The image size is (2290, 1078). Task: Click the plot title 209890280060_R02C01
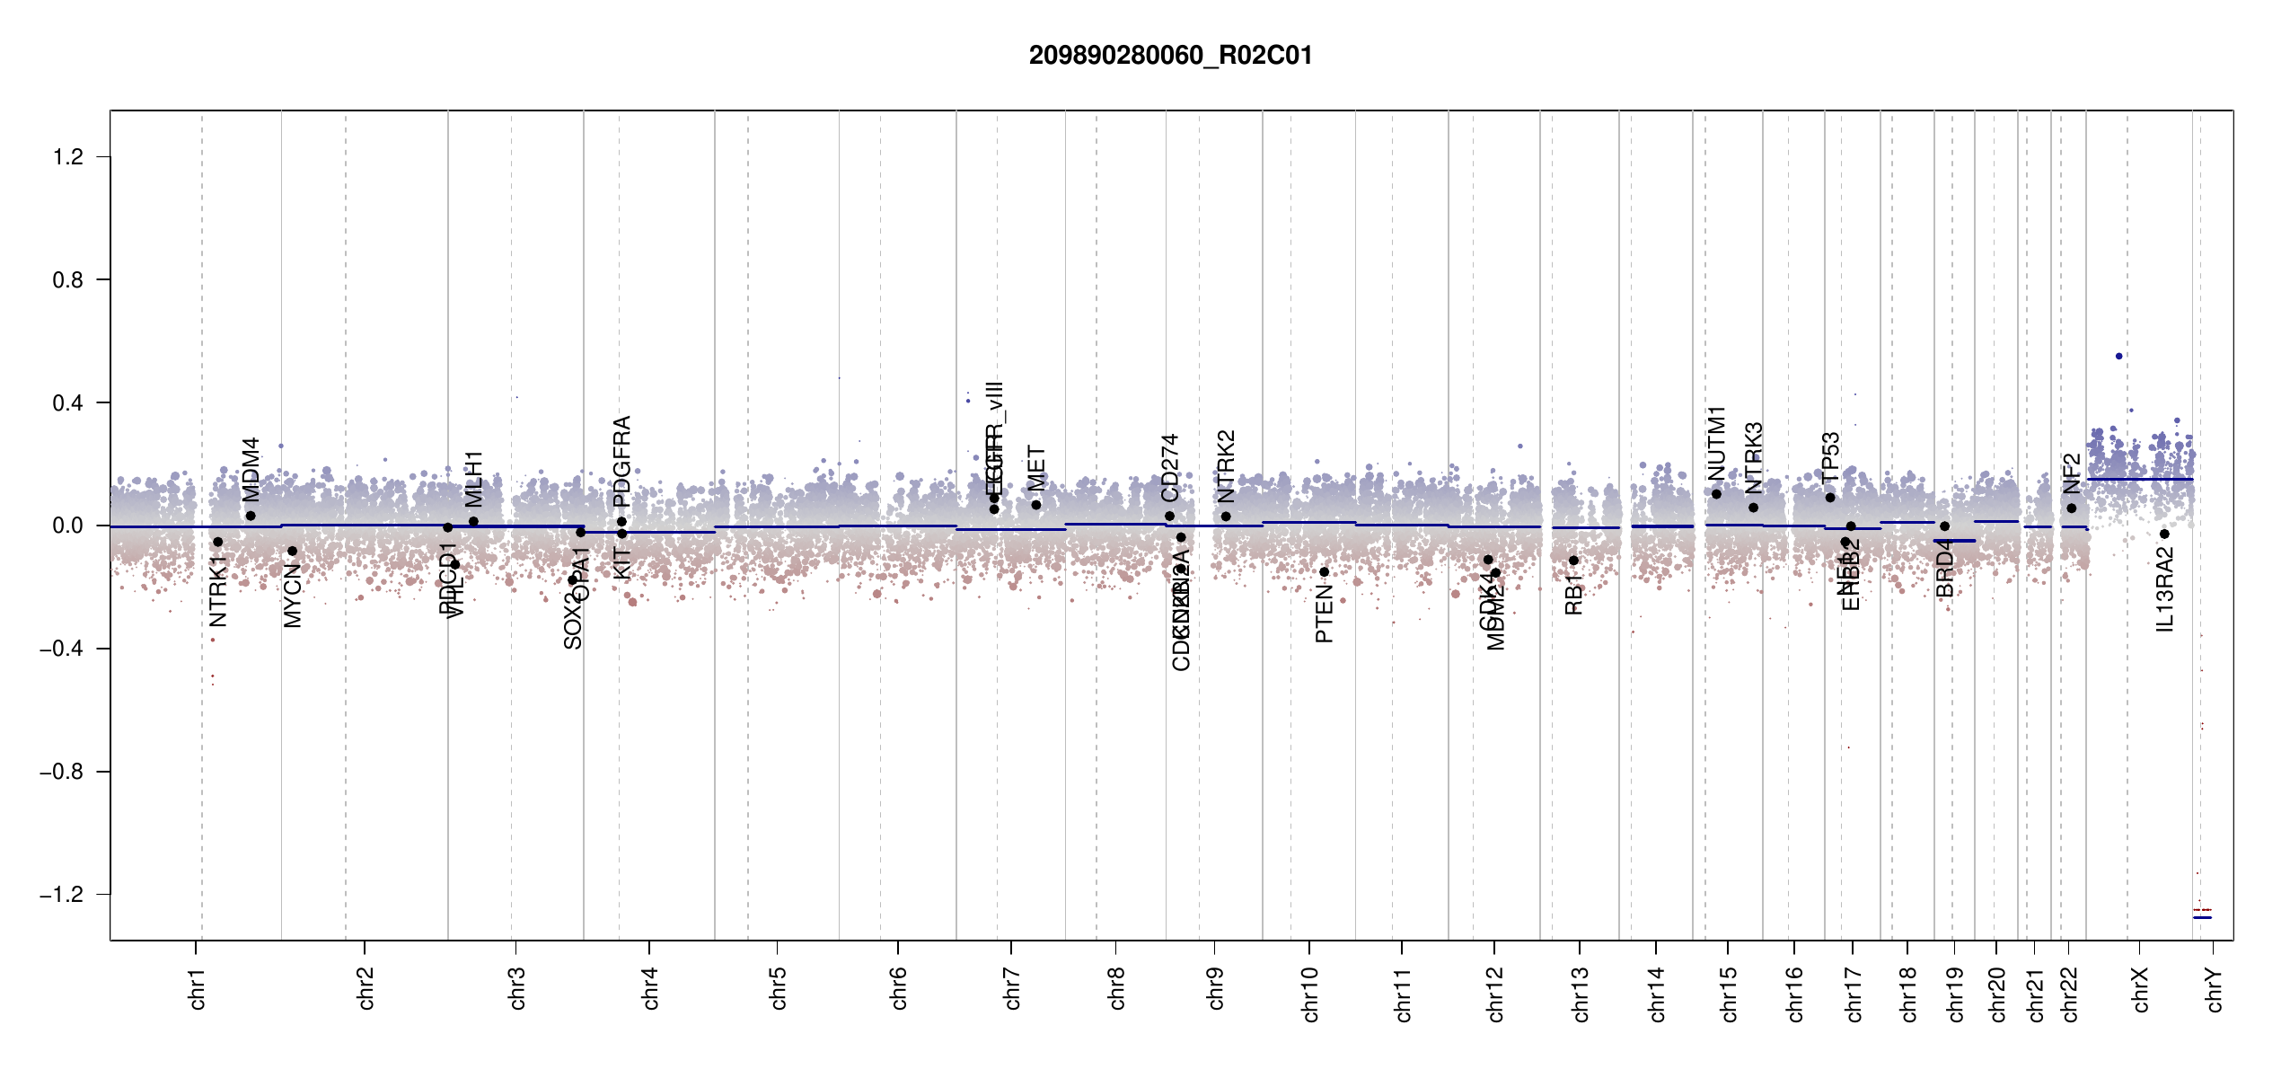pyautogui.click(x=1170, y=56)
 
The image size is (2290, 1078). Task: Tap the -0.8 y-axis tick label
pyautogui.click(x=62, y=772)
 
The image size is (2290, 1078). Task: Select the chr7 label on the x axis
pyautogui.click(x=1012, y=988)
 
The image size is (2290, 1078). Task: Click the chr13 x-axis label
pyautogui.click(x=1580, y=994)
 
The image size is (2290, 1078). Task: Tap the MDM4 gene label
pyautogui.click(x=251, y=469)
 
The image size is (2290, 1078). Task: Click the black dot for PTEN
pyautogui.click(x=1324, y=572)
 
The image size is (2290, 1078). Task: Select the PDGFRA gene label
pyautogui.click(x=621, y=461)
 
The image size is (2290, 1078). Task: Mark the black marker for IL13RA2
pyautogui.click(x=2164, y=535)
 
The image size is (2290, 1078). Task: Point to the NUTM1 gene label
pyautogui.click(x=1716, y=443)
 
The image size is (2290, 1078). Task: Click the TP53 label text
pyautogui.click(x=1830, y=457)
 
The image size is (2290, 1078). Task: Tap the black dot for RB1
pyautogui.click(x=1573, y=561)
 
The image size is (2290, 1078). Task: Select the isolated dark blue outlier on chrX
pyautogui.click(x=2119, y=357)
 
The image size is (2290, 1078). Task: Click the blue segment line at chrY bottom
pyautogui.click(x=2202, y=917)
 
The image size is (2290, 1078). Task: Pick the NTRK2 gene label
pyautogui.click(x=1226, y=466)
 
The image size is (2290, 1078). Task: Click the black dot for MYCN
pyautogui.click(x=292, y=552)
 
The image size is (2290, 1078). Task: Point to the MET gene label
pyautogui.click(x=1036, y=468)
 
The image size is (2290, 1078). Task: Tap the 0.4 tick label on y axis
pyautogui.click(x=68, y=403)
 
